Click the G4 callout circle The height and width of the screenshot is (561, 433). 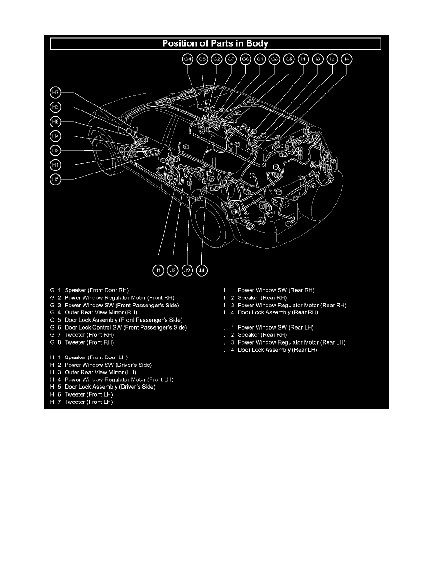tap(188, 59)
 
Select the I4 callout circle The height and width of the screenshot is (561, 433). tap(347, 59)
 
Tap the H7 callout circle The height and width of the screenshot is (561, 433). tap(56, 92)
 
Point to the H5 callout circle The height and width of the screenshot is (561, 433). tap(56, 179)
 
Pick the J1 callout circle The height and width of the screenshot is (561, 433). tap(158, 271)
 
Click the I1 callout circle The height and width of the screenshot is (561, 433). tap(303, 59)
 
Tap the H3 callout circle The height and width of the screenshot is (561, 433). tap(56, 107)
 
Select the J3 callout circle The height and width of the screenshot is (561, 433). tap(173, 271)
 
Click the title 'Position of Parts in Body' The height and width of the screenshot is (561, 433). tap(216, 44)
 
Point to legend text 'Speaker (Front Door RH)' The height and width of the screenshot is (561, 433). tap(96, 290)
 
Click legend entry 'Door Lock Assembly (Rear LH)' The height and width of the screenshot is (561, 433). tap(277, 350)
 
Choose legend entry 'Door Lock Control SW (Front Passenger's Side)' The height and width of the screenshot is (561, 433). tap(125, 327)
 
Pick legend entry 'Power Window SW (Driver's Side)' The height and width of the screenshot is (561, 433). tap(108, 365)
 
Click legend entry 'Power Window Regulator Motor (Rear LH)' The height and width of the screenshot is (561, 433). tap(291, 342)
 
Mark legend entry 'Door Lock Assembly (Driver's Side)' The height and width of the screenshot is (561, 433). tap(110, 387)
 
